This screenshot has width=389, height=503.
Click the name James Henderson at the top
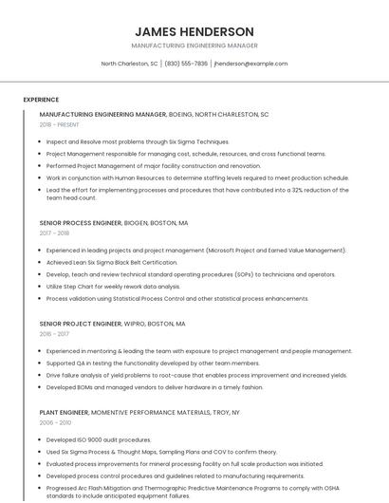point(194,31)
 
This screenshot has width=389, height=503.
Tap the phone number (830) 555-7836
point(186,64)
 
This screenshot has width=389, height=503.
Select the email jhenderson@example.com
point(250,64)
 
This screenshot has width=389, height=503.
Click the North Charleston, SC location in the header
point(130,64)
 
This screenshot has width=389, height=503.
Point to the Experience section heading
point(41,99)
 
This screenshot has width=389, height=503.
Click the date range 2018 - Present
point(60,124)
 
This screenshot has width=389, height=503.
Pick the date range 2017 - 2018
point(54,233)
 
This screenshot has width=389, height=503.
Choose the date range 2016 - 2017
point(54,334)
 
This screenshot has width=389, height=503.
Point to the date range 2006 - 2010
point(55,423)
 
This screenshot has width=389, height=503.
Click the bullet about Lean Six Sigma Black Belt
point(112,262)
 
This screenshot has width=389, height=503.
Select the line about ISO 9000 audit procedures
point(99,440)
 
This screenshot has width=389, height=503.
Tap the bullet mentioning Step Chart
point(113,286)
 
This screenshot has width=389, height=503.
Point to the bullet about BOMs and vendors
point(155,386)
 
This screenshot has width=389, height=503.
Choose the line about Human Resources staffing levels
point(197,177)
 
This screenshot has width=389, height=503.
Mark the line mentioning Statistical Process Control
point(177,298)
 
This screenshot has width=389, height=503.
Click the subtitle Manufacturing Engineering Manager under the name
point(194,46)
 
